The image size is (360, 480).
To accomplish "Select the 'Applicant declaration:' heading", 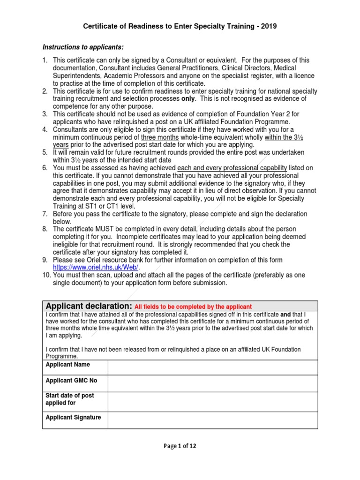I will click(x=89, y=306).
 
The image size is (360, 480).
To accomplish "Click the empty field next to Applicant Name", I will click(x=212, y=367).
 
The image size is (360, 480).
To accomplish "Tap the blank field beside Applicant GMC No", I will click(x=212, y=383).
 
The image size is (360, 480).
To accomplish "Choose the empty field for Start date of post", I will click(x=212, y=402).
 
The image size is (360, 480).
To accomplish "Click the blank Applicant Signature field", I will click(x=212, y=420).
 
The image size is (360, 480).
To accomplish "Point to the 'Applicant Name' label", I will click(x=67, y=365).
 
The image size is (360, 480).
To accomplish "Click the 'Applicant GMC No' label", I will click(x=71, y=380).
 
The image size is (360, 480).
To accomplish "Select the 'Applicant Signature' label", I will click(x=73, y=417).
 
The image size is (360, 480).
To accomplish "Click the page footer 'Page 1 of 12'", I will click(x=180, y=446).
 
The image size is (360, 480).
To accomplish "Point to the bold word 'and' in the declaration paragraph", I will click(x=285, y=314).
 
